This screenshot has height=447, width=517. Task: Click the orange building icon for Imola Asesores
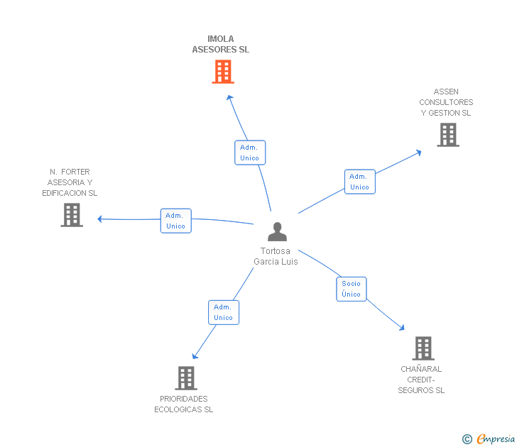[223, 72]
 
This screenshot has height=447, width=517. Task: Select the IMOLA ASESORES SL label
[221, 45]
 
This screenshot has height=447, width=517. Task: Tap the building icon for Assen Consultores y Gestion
[447, 135]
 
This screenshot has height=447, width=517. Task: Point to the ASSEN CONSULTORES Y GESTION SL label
[446, 102]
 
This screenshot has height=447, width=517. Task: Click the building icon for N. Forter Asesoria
[72, 215]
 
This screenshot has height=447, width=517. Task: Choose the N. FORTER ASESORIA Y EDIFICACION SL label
[70, 182]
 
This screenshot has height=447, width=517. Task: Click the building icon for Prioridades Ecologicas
[185, 378]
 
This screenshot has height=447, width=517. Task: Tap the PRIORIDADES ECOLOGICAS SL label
[184, 404]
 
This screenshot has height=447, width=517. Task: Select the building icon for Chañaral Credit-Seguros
[423, 348]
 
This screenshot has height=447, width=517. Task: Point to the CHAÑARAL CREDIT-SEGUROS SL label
[421, 380]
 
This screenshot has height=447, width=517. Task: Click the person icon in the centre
[277, 232]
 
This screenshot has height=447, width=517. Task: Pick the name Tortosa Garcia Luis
[276, 256]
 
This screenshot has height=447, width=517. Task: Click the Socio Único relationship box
[351, 289]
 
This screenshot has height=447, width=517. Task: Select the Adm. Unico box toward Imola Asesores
[250, 153]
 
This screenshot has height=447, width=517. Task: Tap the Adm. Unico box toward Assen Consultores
[359, 182]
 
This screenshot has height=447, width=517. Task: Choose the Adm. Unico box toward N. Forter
[175, 221]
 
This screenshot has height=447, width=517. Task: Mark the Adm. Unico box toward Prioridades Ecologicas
[224, 312]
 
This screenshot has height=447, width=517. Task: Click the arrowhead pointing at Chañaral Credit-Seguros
[402, 328]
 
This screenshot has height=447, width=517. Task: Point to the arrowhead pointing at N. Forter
[100, 219]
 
